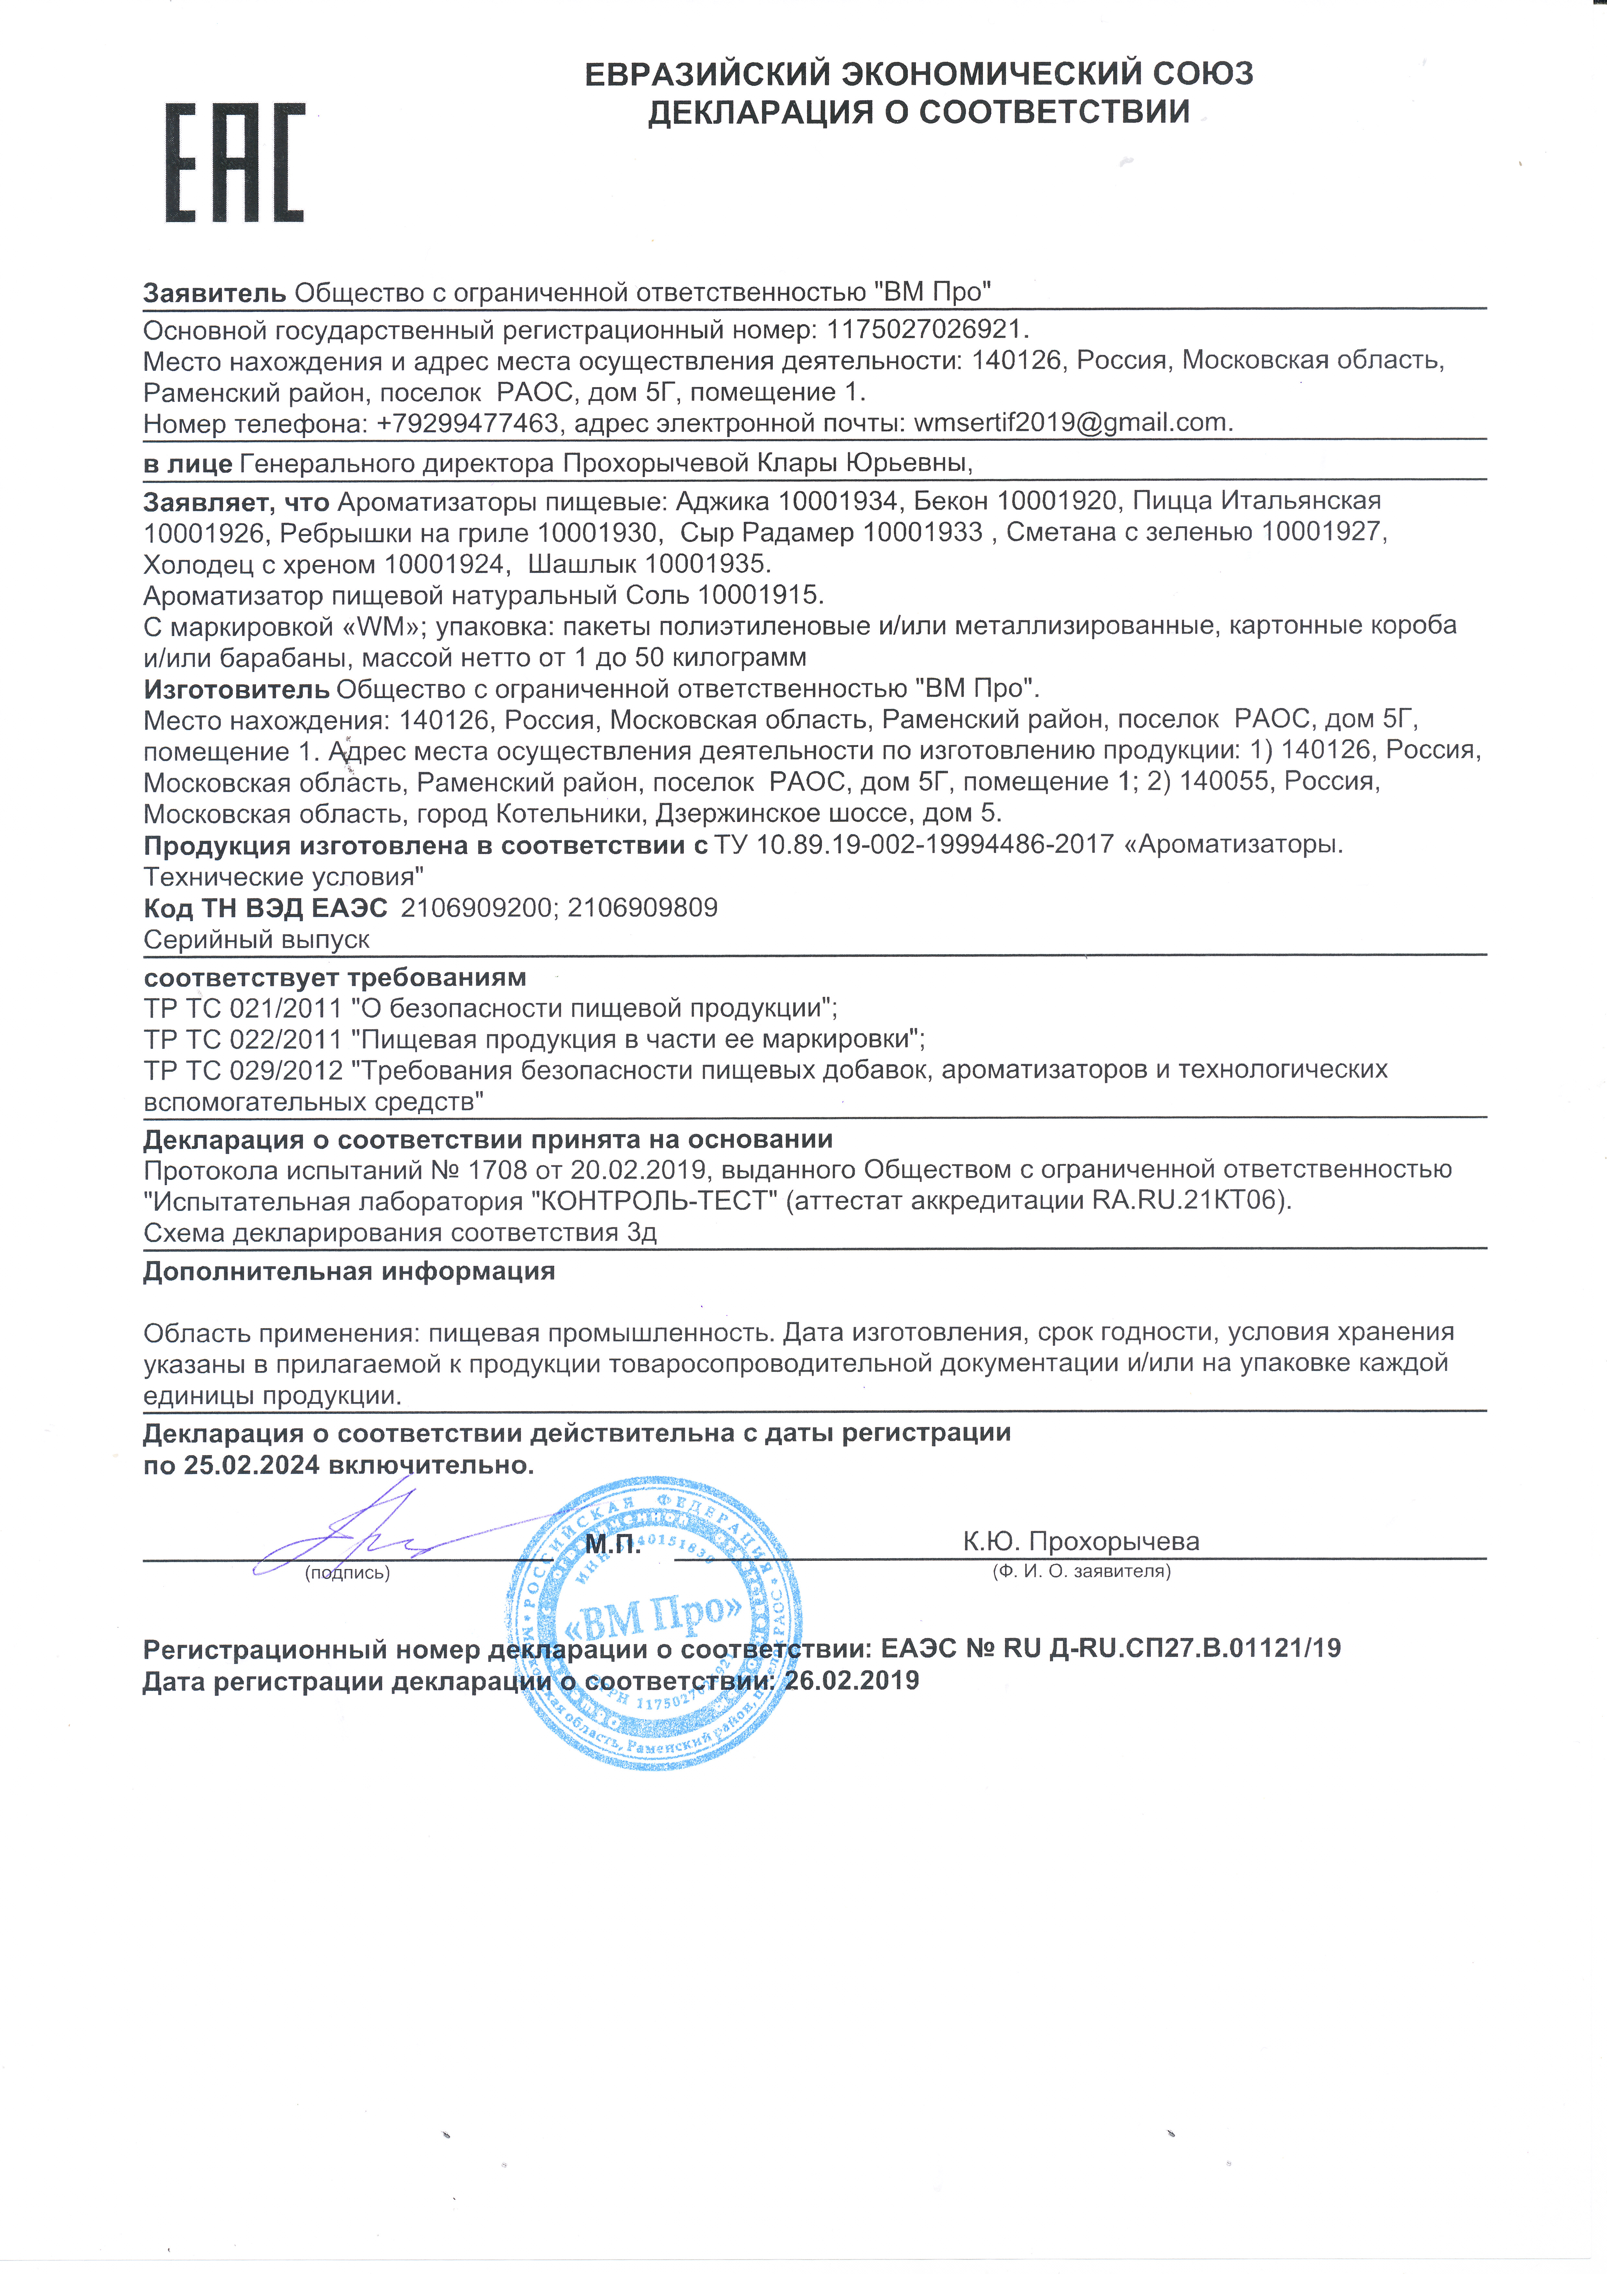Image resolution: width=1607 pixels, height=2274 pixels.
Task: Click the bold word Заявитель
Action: [214, 293]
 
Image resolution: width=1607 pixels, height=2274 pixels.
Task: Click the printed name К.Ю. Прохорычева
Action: [1080, 1542]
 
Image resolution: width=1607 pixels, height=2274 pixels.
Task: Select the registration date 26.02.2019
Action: [851, 1681]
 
